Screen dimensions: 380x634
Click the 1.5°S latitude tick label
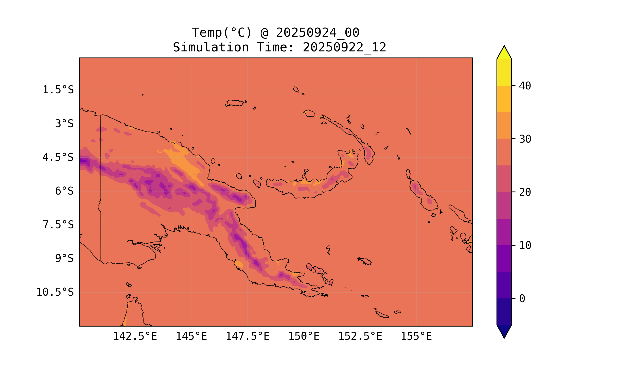pos(58,90)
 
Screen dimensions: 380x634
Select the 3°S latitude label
pos(64,124)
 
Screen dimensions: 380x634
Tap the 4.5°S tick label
pos(58,158)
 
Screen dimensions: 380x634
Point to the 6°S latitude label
pos(64,191)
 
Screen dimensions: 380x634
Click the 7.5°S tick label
pos(58,225)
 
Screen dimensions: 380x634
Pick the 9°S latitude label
pos(64,259)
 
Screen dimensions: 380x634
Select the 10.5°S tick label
pos(55,292)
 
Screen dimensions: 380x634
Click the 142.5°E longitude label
pos(135,336)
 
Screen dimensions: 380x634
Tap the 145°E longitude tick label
pos(191,336)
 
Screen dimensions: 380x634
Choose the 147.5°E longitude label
pos(247,336)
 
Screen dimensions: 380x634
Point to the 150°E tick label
pos(304,336)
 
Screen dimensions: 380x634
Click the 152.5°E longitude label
pos(360,336)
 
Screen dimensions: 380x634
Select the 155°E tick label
pos(416,336)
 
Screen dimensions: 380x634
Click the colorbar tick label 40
pos(525,86)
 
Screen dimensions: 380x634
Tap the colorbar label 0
pos(522,299)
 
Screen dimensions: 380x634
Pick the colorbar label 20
pos(525,192)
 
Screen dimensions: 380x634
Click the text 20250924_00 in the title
pos(318,33)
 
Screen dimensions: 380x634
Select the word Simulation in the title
pos(211,48)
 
